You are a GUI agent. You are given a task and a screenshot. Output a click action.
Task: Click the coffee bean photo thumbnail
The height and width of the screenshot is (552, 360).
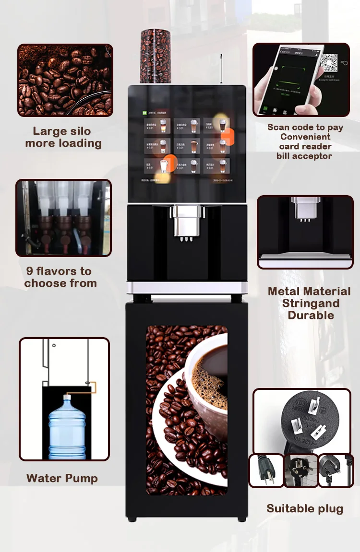(65, 80)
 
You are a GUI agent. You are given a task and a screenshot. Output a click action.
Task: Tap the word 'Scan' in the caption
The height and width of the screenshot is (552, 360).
(278, 127)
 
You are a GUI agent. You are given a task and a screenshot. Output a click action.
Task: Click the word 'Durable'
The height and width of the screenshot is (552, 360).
(311, 315)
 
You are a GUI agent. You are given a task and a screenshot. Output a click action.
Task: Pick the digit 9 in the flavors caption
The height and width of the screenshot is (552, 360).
(30, 271)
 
